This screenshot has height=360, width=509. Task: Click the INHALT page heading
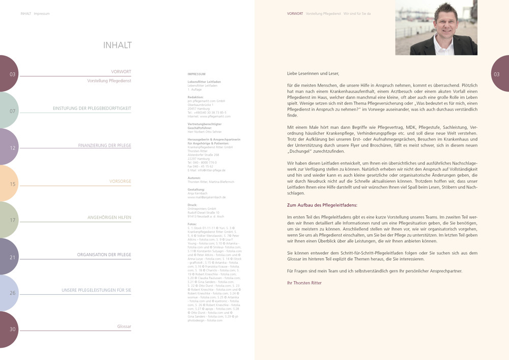pos(117,45)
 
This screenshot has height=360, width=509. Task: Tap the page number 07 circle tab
pos(12,111)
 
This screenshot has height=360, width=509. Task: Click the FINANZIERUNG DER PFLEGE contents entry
pos(104,146)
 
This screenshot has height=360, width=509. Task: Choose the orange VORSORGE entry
pos(120,181)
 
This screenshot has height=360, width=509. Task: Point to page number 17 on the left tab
pos(12,220)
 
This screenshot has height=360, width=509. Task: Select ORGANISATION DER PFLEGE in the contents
pos(104,255)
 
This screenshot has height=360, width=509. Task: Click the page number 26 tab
pos(12,293)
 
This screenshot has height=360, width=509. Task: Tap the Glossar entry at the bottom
pos(124,326)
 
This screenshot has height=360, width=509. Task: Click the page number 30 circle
pos(12,329)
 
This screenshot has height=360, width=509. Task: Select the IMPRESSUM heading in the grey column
pos(196,74)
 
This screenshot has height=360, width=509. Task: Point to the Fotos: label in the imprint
pos(192,224)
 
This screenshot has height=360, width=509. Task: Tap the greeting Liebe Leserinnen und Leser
pos(313,74)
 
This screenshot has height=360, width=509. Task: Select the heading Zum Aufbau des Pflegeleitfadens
pos(322,205)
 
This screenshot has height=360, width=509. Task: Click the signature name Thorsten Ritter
pos(307,283)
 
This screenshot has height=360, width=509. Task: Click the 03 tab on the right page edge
pos(497,74)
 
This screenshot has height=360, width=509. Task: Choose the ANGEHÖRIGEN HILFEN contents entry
pos(109,217)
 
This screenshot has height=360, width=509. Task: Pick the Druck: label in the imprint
pos(192,205)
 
